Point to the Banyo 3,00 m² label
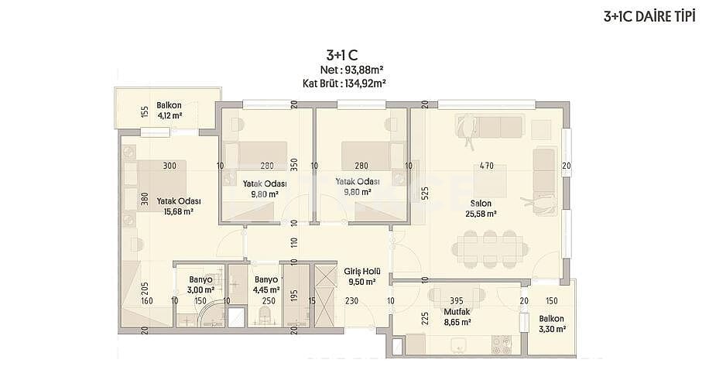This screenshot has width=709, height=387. (x=200, y=286)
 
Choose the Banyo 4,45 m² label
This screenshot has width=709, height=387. (x=265, y=286)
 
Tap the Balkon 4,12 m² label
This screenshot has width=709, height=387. (x=168, y=111)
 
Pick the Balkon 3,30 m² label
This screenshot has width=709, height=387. (x=552, y=323)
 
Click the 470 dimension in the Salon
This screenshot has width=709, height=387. (x=486, y=166)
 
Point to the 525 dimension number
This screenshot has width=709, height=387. (x=424, y=193)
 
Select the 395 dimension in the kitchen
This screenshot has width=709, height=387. (x=457, y=300)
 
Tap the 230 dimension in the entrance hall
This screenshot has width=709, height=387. (x=351, y=301)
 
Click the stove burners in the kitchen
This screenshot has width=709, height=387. (x=502, y=341)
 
